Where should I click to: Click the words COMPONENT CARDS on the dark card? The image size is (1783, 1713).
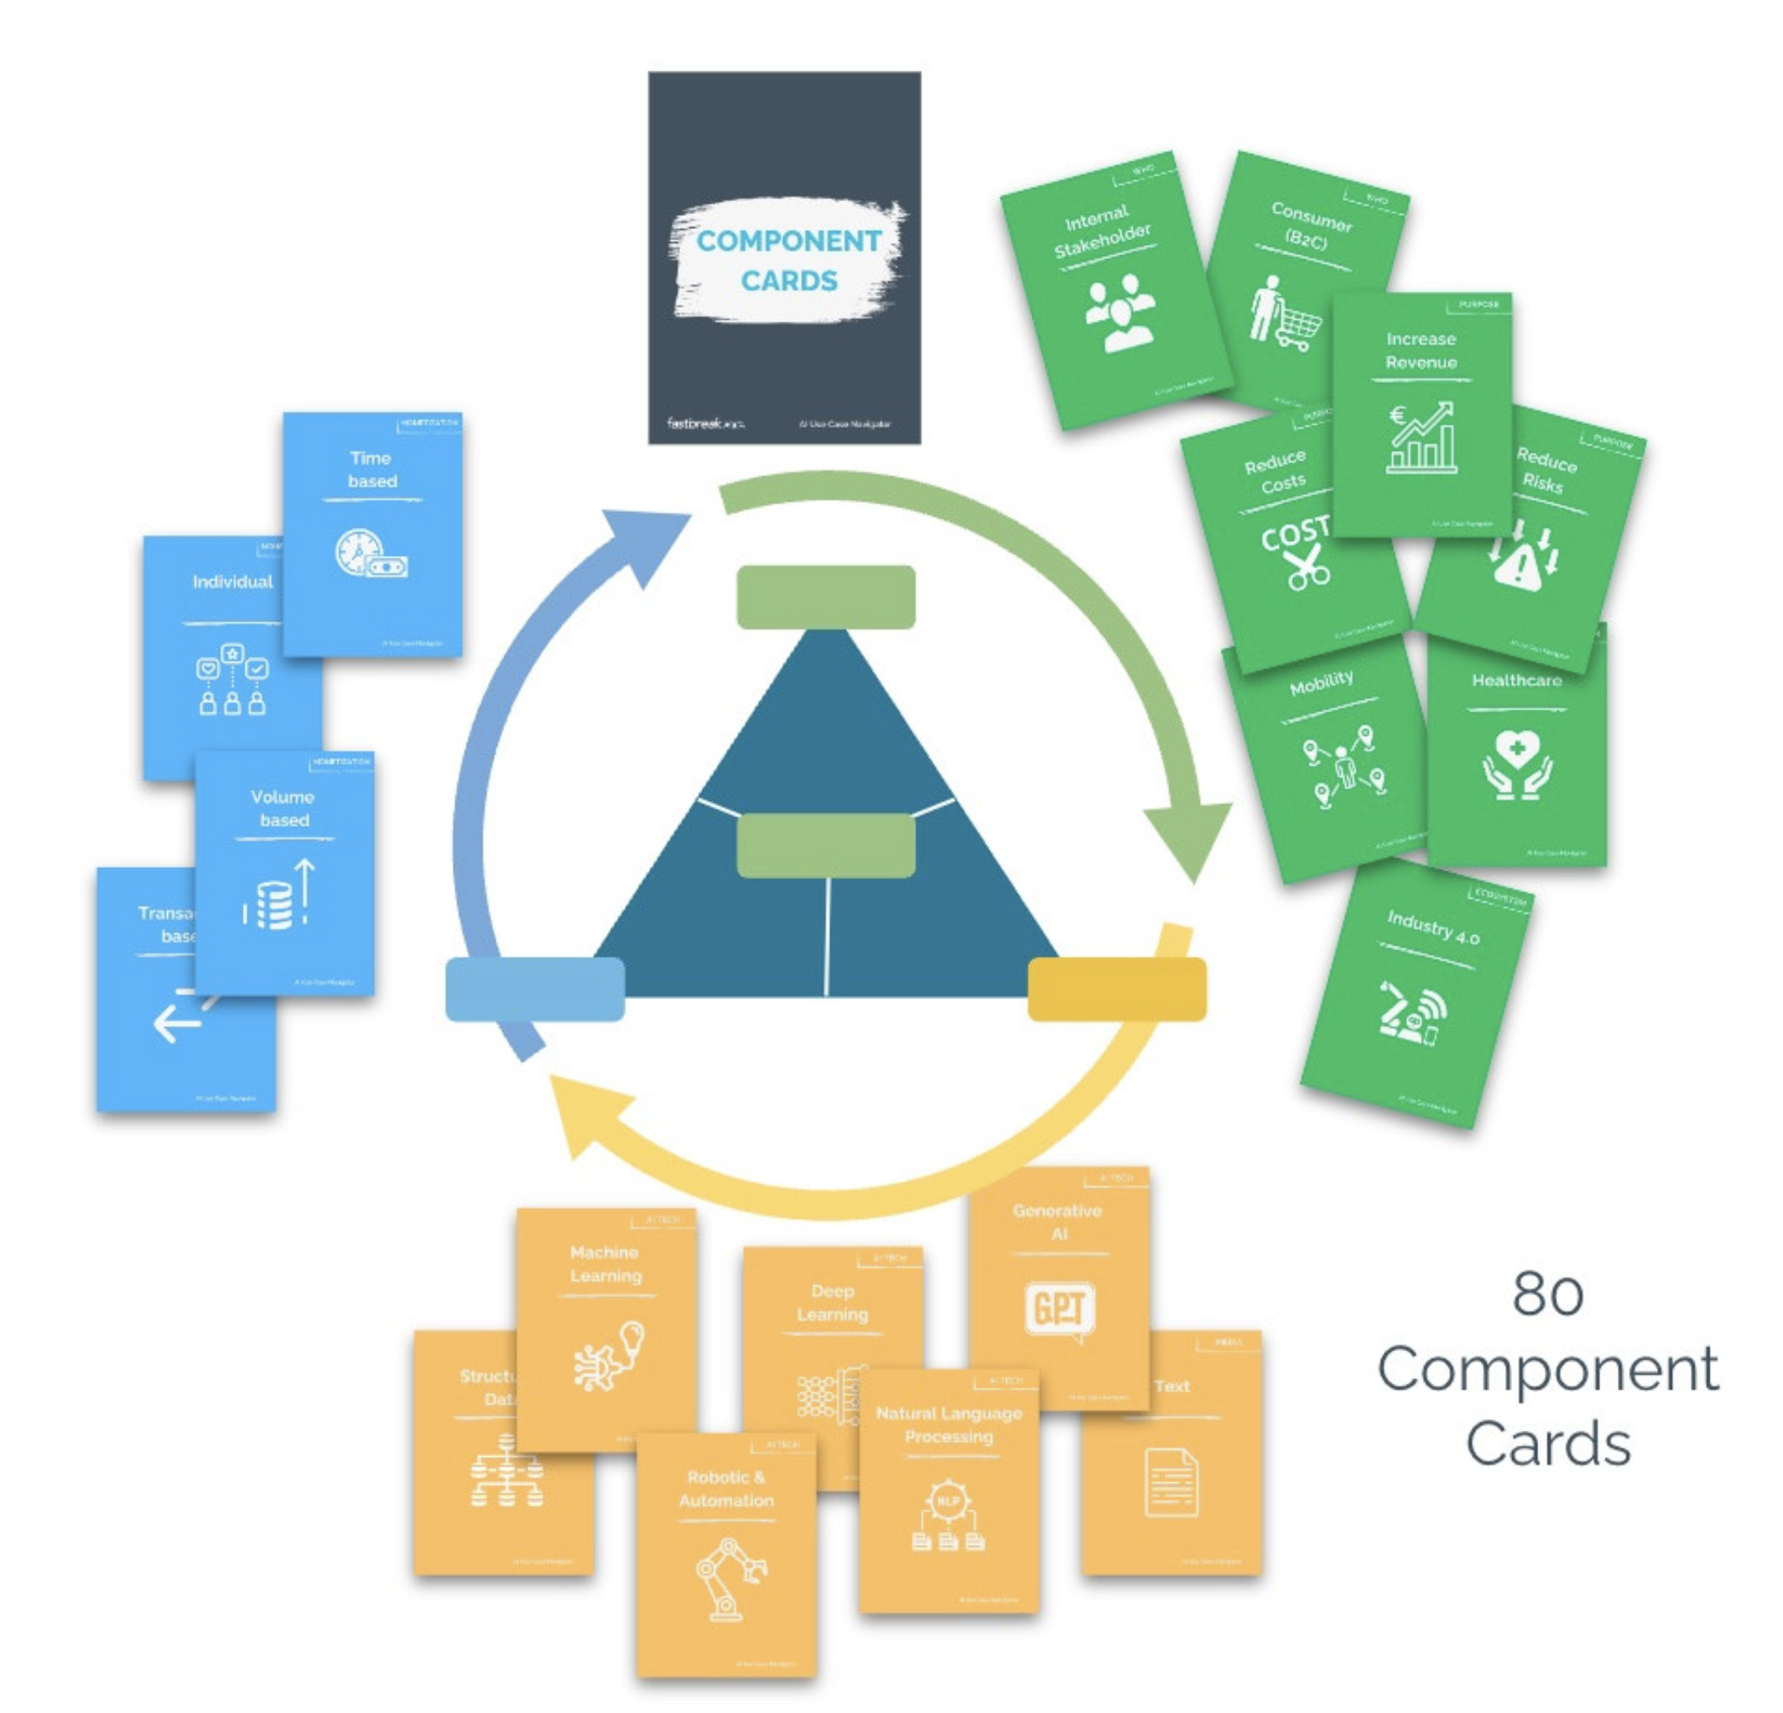coord(787,260)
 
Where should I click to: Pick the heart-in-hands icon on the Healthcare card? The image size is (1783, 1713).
coord(1516,765)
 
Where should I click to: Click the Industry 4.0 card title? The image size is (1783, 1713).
coord(1432,927)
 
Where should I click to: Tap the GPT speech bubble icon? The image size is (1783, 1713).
coord(1059,1311)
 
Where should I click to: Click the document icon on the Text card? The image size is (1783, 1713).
coord(1171,1483)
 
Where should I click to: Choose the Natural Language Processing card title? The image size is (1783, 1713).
coord(949,1425)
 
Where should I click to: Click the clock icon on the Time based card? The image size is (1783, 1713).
coord(356,551)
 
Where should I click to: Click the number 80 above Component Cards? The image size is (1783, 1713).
coord(1547,1293)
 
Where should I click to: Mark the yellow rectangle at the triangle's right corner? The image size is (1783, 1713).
coord(1116,988)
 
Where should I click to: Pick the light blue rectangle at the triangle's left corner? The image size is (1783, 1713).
coord(535,988)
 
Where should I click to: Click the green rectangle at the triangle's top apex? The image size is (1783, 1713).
coord(825,597)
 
